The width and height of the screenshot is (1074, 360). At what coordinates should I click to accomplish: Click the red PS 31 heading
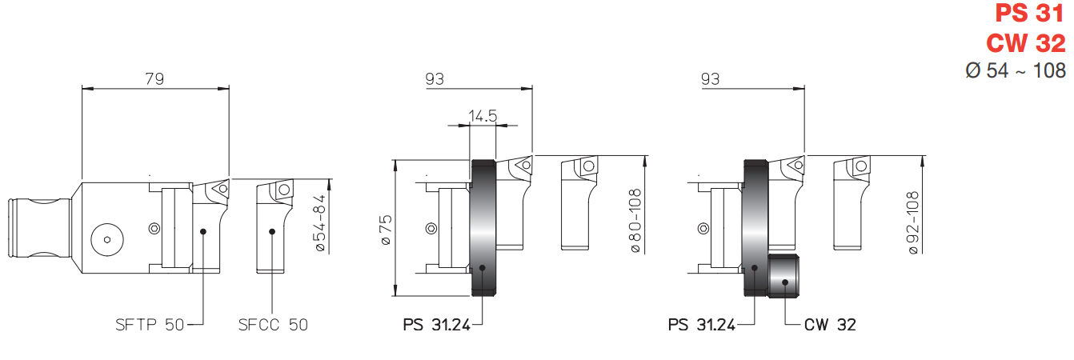coord(1030,14)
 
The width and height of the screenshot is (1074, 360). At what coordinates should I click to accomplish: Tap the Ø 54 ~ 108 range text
coord(1016,70)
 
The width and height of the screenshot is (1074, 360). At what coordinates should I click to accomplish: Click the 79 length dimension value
coord(154,78)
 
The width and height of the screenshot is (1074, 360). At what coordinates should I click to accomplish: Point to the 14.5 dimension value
coord(483,116)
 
